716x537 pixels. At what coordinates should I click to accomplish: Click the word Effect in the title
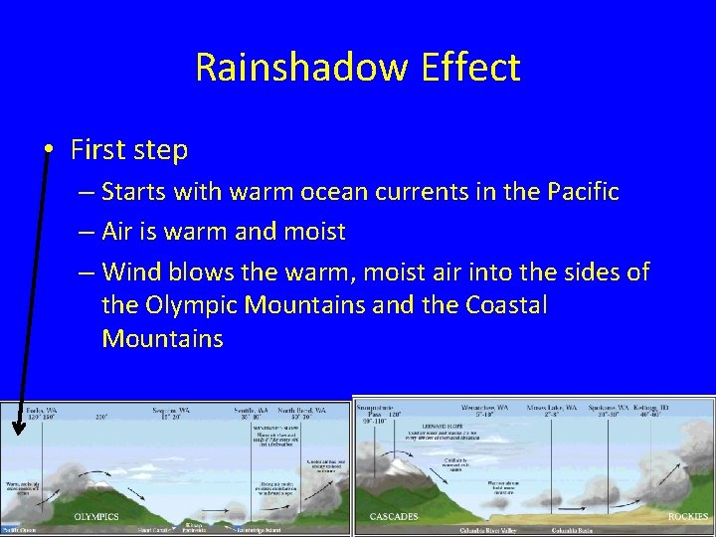[x=472, y=68]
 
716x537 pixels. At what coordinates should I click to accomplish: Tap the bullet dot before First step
[x=50, y=150]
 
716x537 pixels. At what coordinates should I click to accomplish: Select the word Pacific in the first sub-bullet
[x=585, y=191]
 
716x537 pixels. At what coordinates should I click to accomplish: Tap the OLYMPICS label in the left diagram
[x=95, y=517]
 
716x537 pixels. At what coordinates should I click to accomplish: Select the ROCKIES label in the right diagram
[x=687, y=516]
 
